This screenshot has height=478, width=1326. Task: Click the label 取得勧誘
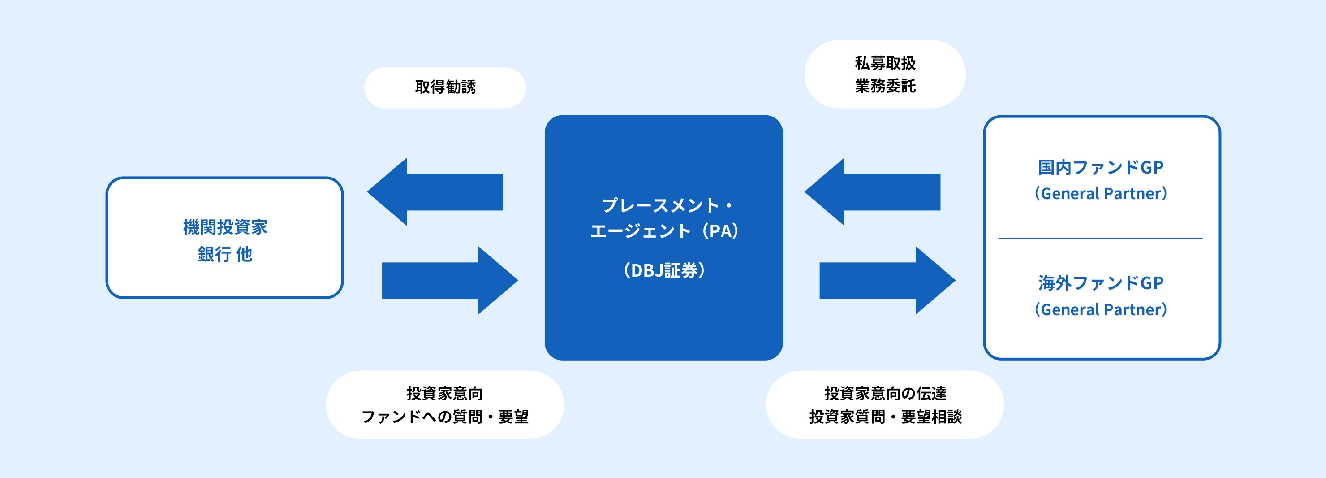(x=445, y=87)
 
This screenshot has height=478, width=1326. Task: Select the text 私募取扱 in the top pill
(x=885, y=63)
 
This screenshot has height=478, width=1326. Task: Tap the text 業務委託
(x=885, y=86)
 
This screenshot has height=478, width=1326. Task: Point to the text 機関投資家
(x=225, y=226)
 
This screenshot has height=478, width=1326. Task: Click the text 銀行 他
(x=225, y=254)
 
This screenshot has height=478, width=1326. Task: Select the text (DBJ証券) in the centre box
(x=664, y=270)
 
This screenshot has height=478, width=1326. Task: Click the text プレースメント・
(x=667, y=205)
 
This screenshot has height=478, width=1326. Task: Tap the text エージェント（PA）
(x=664, y=231)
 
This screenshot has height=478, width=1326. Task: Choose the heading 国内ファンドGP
(x=1101, y=167)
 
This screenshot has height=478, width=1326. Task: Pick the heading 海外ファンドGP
(x=1101, y=283)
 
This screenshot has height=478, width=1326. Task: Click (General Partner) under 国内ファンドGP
(x=1101, y=194)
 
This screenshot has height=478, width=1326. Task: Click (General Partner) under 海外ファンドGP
(x=1101, y=309)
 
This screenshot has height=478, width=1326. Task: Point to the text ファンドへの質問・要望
(x=445, y=417)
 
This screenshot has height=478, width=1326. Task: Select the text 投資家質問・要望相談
(x=885, y=417)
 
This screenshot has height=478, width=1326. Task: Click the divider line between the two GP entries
(x=1101, y=238)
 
